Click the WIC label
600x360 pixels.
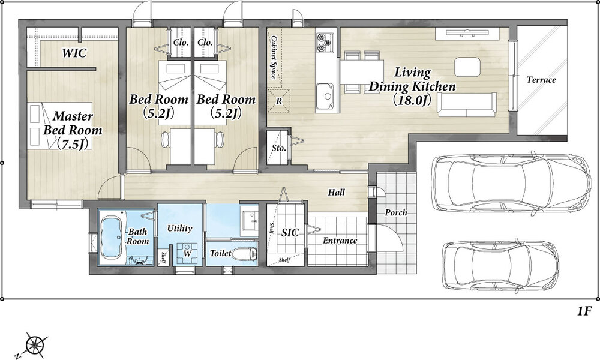pos(74,53)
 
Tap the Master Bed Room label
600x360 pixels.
pos(73,130)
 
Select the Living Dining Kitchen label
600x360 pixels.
pos(412,86)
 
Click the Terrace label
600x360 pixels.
pos(541,80)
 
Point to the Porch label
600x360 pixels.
pos(395,213)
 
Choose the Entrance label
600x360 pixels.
pos(340,241)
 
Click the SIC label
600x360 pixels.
pos(290,232)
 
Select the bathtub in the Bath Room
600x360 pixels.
pos(113,237)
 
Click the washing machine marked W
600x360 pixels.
pos(187,254)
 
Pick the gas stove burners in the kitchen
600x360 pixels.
pos(325,43)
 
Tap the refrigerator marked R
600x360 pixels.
pos(279,101)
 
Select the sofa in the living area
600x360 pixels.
pos(467,104)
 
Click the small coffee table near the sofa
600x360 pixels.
pos(467,66)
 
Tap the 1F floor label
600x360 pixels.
pos(584,312)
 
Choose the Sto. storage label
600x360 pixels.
pos(279,148)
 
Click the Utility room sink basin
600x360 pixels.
pos(251,221)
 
